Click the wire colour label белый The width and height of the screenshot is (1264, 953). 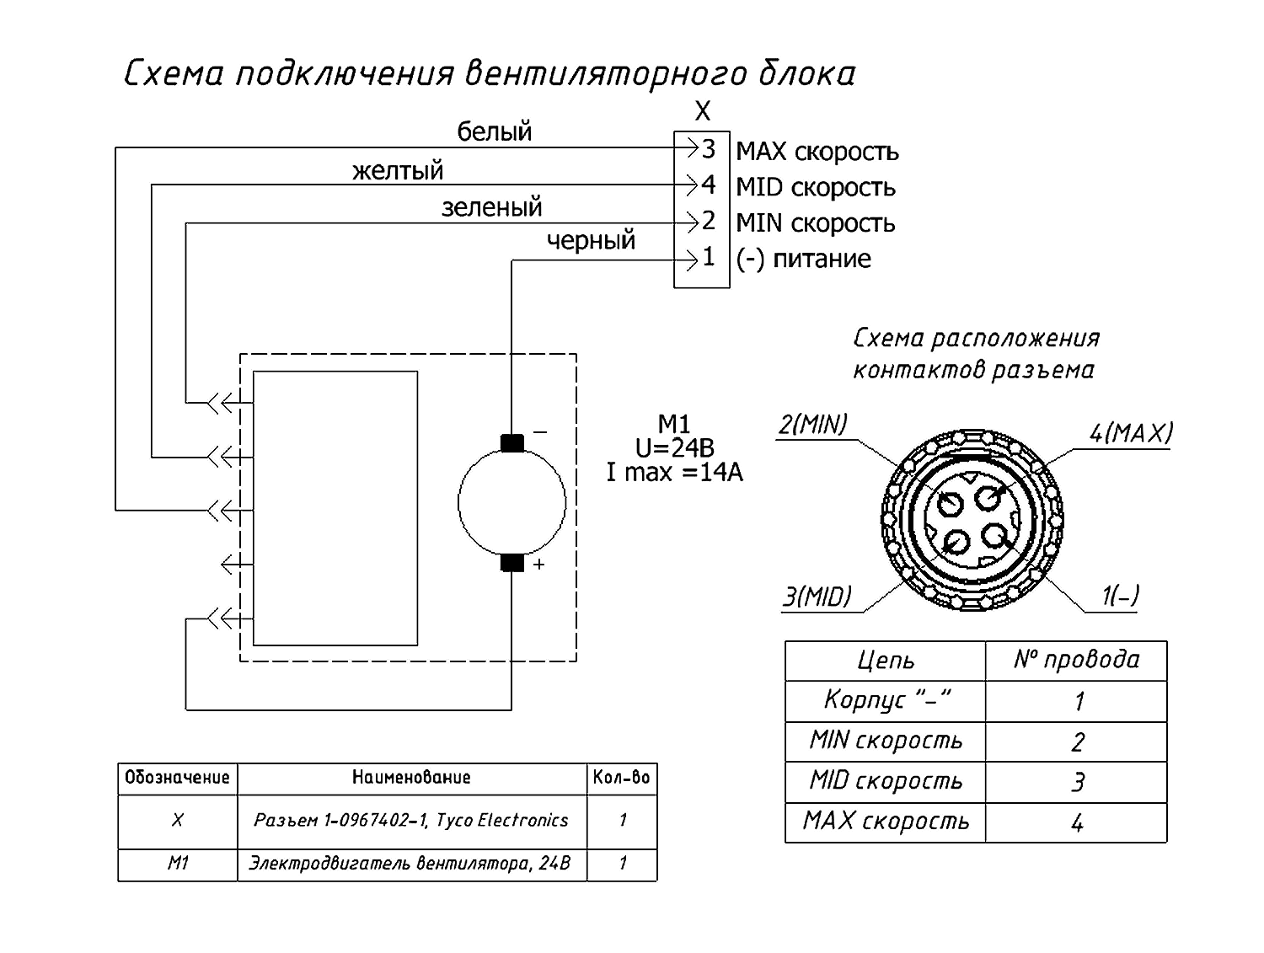click(x=494, y=131)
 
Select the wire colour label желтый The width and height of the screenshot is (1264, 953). click(x=398, y=170)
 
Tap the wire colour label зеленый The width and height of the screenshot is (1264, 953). click(x=492, y=206)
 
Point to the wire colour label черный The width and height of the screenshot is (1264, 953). click(x=590, y=239)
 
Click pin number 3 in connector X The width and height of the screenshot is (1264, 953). click(x=708, y=149)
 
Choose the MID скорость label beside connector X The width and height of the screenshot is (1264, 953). click(x=816, y=188)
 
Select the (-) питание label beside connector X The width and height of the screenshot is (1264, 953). click(x=803, y=260)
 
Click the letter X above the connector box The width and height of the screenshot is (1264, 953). click(x=702, y=110)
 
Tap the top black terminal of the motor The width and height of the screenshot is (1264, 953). click(x=512, y=443)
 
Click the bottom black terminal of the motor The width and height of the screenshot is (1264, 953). click(x=512, y=563)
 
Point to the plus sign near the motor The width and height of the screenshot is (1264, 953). click(x=538, y=564)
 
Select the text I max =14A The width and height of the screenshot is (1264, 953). click(x=674, y=472)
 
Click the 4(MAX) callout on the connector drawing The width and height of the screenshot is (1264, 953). click(x=1130, y=433)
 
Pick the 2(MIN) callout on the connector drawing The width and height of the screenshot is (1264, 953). click(x=812, y=425)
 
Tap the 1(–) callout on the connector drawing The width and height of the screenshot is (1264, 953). click(x=1120, y=596)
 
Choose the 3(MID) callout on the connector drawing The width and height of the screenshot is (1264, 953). click(x=817, y=597)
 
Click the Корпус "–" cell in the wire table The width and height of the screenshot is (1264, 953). click(x=885, y=701)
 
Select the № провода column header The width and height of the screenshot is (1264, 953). click(x=1076, y=660)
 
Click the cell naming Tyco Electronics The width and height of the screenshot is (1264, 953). click(x=412, y=820)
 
